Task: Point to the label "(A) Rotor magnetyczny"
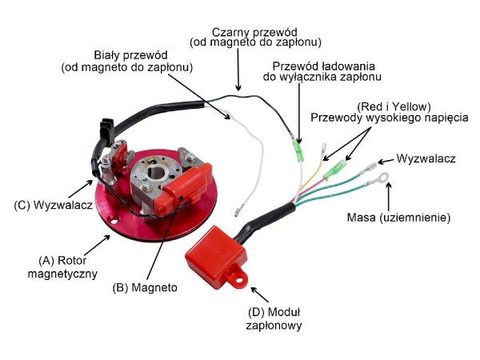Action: pos(68,266)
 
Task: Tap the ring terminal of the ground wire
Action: pos(386,177)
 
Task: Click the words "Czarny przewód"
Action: pos(254,29)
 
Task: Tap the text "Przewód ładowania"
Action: pos(325,66)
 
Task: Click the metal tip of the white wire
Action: pos(238,212)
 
